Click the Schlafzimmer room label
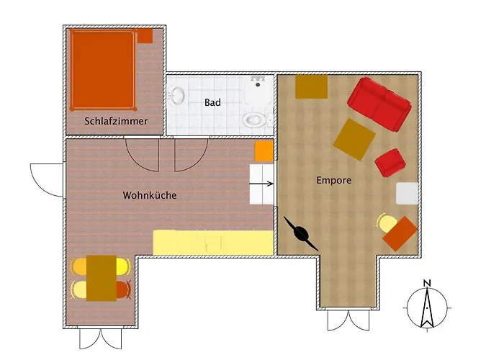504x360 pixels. (116, 122)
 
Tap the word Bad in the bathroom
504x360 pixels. (212, 103)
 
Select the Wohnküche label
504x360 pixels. (150, 195)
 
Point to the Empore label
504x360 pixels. (334, 180)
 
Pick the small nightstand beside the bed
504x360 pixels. (145, 35)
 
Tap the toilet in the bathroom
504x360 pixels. (254, 118)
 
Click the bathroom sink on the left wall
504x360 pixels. (176, 96)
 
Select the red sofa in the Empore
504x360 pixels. (380, 104)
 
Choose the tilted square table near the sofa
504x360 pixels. (354, 139)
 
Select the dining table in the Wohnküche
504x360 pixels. (102, 277)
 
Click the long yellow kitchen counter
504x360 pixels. (213, 242)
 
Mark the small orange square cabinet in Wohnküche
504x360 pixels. (264, 151)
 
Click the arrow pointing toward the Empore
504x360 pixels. (262, 184)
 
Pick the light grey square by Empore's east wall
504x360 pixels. (408, 193)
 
